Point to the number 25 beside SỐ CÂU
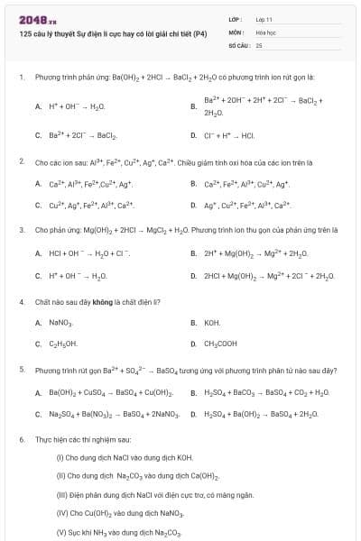(259, 44)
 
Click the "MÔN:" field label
(236, 32)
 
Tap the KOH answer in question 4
(212, 322)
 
